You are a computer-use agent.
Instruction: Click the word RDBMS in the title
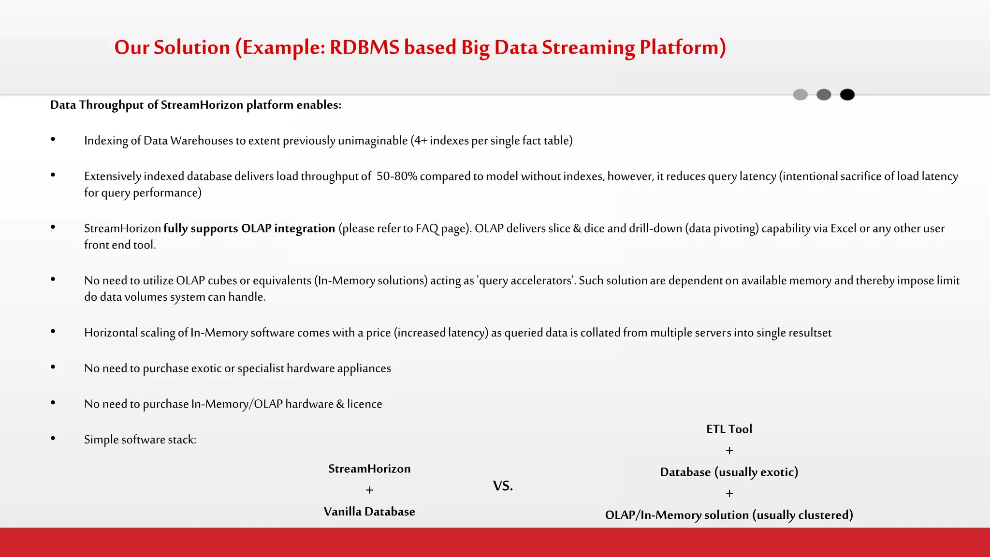coord(365,47)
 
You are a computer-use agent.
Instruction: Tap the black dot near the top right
coord(847,95)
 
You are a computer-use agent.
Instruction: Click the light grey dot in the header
coord(800,95)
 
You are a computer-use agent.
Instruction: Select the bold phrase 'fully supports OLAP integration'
coord(249,228)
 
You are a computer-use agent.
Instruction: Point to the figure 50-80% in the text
coord(396,176)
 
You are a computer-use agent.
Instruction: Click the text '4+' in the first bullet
coord(420,141)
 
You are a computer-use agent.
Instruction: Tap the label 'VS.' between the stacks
coord(503,486)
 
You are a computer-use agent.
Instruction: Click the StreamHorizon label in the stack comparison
coord(369,469)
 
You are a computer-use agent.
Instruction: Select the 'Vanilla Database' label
coord(369,512)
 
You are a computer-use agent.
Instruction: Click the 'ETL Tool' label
coord(729,429)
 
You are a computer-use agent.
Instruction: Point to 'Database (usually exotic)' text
coord(729,472)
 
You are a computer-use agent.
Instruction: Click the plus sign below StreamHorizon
coord(369,490)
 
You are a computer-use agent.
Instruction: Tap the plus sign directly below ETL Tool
coord(729,451)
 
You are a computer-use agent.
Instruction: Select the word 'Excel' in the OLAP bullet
coord(843,228)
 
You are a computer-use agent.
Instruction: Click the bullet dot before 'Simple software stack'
coord(53,439)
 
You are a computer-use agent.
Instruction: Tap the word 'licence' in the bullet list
coord(364,404)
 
